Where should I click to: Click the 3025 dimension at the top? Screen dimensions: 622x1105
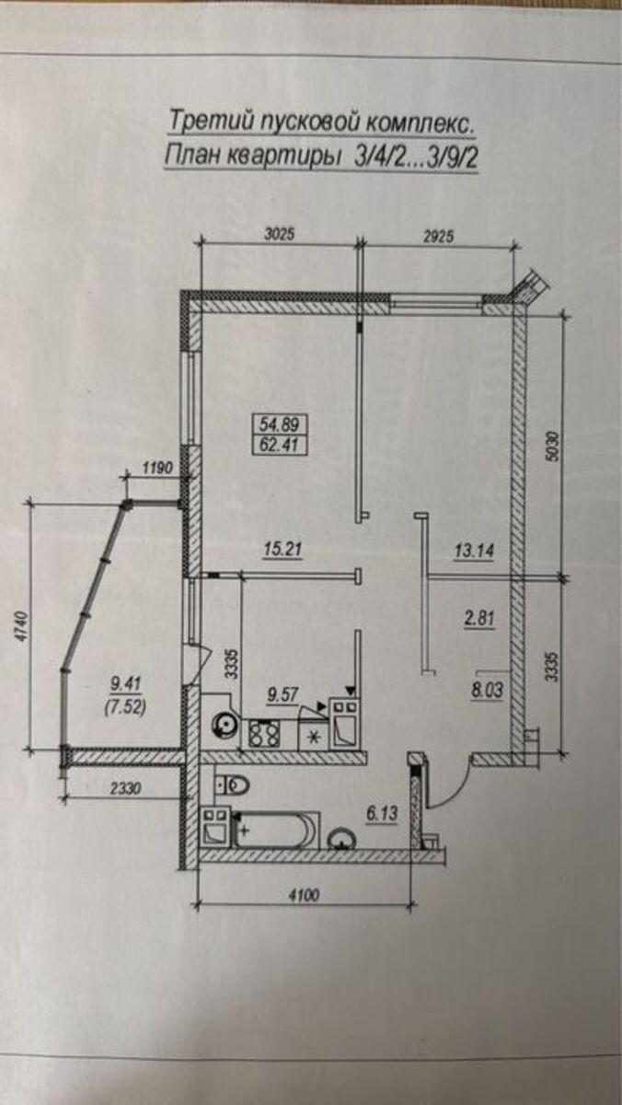coord(280,233)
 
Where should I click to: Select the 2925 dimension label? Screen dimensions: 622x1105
coord(438,237)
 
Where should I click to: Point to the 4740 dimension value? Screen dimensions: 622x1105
coord(21,627)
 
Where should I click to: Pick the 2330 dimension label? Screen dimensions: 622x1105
coord(125,788)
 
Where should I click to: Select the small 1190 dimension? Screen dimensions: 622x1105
coord(157,467)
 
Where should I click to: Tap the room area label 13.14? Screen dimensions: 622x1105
coord(474,551)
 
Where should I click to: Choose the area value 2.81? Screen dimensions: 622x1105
coord(479,619)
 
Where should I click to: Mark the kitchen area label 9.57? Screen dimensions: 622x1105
coord(282,695)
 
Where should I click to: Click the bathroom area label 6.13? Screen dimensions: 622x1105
coord(382,813)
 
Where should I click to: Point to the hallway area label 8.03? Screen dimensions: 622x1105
coord(487,691)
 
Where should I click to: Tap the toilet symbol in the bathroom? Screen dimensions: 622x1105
coord(233,785)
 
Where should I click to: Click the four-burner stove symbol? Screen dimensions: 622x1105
coord(264,734)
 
